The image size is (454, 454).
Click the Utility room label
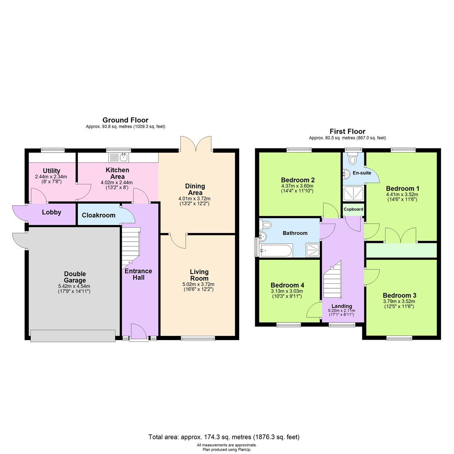tap(52, 171)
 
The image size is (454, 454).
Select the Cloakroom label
tap(98, 215)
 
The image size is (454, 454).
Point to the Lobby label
tap(52, 212)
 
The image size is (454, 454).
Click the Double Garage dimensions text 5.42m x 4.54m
tap(74, 286)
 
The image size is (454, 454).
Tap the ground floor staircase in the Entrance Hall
tap(131, 248)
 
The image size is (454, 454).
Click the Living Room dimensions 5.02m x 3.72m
tap(198, 284)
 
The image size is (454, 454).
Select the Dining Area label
tap(195, 189)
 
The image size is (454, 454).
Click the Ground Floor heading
tap(125, 120)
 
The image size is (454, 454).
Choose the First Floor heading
tap(348, 132)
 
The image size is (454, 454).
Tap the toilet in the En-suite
tap(352, 159)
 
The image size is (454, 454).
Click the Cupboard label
tap(354, 209)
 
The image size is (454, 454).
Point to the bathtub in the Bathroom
tap(276, 251)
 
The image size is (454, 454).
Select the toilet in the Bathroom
tap(266, 224)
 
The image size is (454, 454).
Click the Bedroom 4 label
tap(288, 285)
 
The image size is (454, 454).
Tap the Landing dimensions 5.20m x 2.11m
tap(342, 311)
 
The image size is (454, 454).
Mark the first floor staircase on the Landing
tap(333, 279)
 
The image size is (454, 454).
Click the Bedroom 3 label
tap(400, 296)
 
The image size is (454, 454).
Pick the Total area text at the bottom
tap(224, 437)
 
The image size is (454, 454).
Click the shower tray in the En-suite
tap(353, 193)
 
